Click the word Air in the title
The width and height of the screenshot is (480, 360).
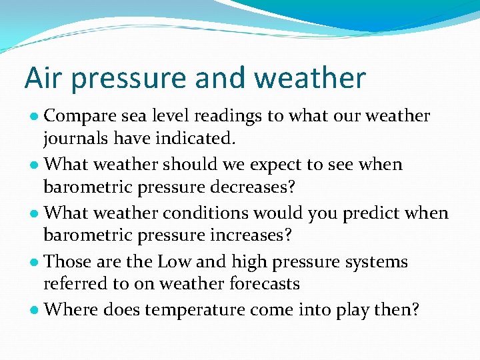pyautogui.click(x=42, y=77)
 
